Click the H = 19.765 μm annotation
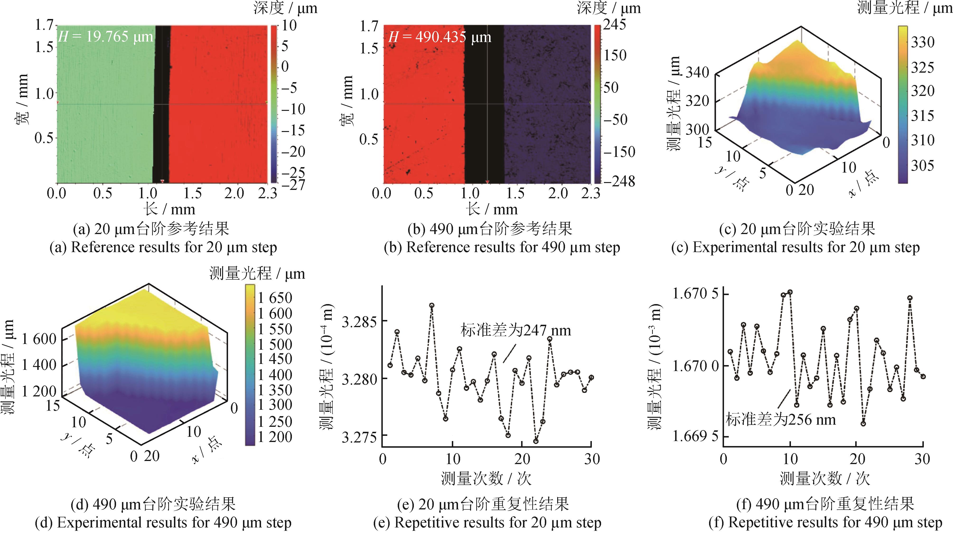(105, 37)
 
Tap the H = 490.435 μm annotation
(439, 37)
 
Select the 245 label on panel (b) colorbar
(615, 24)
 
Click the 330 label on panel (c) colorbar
(922, 42)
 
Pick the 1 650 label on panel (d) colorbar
(275, 298)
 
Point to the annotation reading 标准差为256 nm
(781, 420)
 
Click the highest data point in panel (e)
(432, 305)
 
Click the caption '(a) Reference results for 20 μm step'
(163, 247)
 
